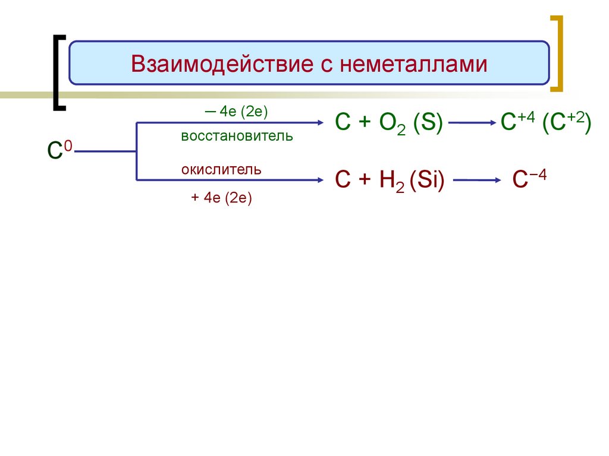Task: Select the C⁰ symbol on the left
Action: (x=59, y=151)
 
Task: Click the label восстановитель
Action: (x=237, y=136)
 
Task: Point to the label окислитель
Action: (x=221, y=170)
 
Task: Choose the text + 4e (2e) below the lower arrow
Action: (x=222, y=198)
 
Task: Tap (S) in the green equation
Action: (x=429, y=123)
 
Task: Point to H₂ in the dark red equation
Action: (x=394, y=180)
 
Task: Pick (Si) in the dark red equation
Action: (x=431, y=179)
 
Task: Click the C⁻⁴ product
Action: (x=529, y=179)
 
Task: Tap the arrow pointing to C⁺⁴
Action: (x=473, y=123)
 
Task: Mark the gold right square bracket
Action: (x=557, y=53)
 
